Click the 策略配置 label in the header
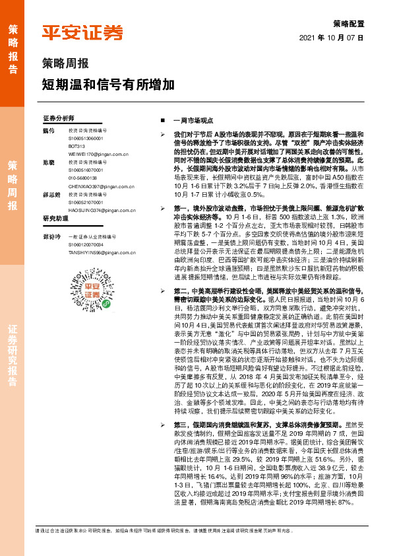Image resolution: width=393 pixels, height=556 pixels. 349,23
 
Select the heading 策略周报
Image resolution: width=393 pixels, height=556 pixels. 65,64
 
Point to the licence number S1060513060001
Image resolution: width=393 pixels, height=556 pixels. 86,138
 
